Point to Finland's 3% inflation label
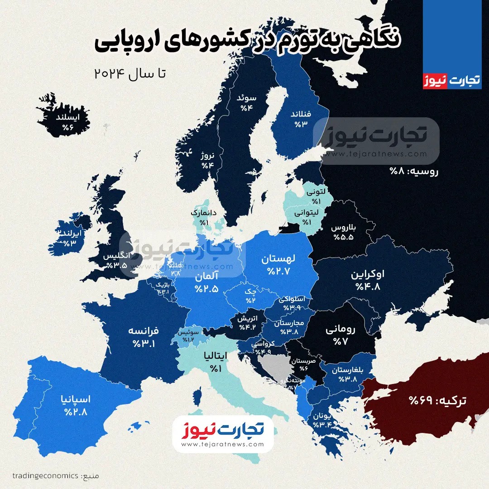(x=301, y=118)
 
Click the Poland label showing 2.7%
(x=278, y=265)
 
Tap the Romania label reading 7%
(x=340, y=336)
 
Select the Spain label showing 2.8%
(x=76, y=405)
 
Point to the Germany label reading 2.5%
(x=207, y=282)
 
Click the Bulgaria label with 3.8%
(x=348, y=374)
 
